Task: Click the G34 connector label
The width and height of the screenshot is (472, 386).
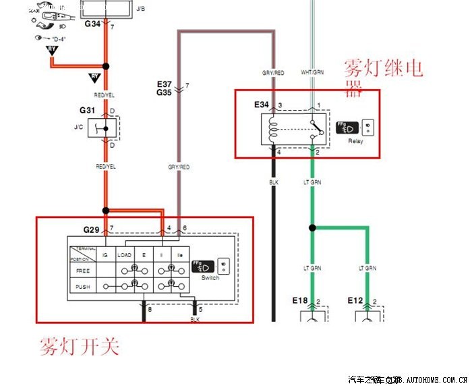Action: coord(92,24)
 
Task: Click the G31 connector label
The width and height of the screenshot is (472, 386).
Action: coord(87,110)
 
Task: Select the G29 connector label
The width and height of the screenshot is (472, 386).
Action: coord(92,230)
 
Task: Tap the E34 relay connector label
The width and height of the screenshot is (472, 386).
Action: coord(261,105)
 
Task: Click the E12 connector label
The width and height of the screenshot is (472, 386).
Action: coord(355,299)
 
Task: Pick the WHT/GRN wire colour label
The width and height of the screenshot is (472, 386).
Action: coord(312,72)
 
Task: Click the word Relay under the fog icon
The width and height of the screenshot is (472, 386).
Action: coord(355,142)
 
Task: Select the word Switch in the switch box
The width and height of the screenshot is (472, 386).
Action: coord(210,278)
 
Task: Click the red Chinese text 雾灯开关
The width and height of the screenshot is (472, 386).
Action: coord(80,348)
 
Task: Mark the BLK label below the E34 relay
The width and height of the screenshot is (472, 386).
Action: coord(274,182)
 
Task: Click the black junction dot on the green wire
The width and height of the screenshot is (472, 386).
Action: coord(312,228)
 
